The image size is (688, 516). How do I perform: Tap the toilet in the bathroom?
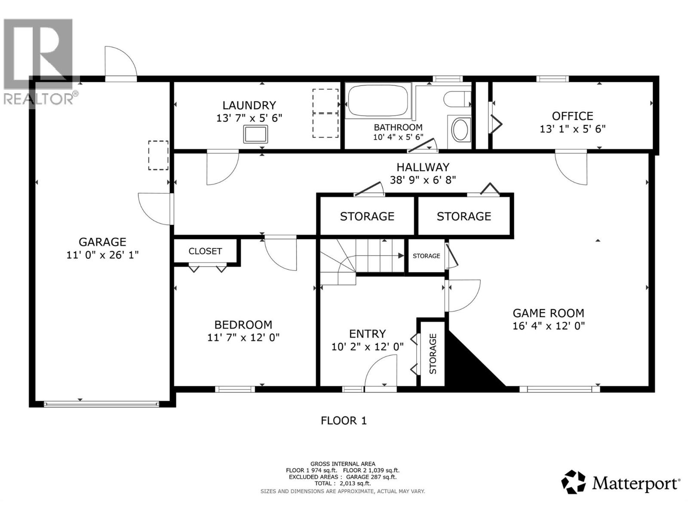tap(457, 99)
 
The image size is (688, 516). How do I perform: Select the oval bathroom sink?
tap(460, 129)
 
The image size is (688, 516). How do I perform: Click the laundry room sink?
tap(256, 134)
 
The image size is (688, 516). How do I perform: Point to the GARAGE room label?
tap(102, 242)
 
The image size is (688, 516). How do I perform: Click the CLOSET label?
tap(205, 251)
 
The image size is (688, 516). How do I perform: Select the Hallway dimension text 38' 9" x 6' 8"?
tap(423, 180)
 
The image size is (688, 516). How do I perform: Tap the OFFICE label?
tap(572, 116)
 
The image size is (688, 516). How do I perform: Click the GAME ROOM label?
tap(549, 313)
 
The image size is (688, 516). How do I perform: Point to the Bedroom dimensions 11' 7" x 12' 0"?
tap(243, 338)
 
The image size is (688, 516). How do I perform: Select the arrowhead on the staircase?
tap(401, 255)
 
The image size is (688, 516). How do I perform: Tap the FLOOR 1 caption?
tap(344, 421)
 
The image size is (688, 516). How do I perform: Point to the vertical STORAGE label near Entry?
tap(433, 354)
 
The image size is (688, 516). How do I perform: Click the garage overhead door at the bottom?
tap(101, 405)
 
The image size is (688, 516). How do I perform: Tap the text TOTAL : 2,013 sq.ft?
tap(343, 483)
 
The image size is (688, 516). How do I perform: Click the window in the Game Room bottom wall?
tap(559, 390)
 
